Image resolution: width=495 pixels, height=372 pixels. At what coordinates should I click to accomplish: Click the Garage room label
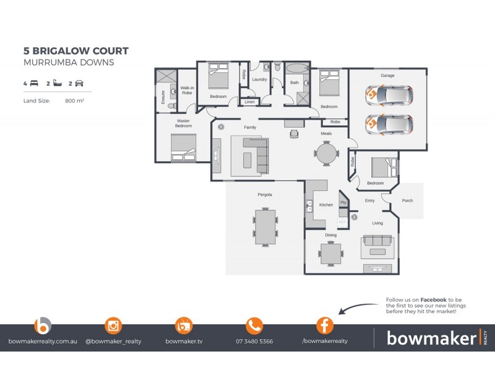click(x=387, y=76)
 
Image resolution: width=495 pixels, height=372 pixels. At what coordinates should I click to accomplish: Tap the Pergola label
click(x=265, y=195)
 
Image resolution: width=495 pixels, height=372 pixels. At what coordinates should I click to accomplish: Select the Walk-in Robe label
click(x=187, y=91)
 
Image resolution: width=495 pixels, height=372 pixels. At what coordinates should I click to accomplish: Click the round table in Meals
click(x=326, y=153)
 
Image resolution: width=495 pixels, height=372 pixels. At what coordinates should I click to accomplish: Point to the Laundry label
click(x=259, y=79)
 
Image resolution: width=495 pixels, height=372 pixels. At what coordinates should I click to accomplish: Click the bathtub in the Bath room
click(x=297, y=68)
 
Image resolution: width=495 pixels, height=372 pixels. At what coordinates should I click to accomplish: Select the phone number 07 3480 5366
click(x=254, y=341)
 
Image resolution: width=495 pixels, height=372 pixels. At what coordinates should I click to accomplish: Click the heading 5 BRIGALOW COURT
click(x=75, y=51)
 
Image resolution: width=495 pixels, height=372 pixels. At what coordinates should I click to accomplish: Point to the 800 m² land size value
click(x=74, y=100)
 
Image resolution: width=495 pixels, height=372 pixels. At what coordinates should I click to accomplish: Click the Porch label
click(x=407, y=200)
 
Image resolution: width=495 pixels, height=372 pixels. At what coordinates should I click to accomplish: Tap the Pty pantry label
click(x=343, y=203)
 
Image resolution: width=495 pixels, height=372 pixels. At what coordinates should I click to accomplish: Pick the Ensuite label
click(x=163, y=96)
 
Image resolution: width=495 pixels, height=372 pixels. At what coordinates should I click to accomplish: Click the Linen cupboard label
click(x=249, y=102)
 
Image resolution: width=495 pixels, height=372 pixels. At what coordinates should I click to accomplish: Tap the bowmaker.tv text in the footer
click(x=184, y=341)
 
